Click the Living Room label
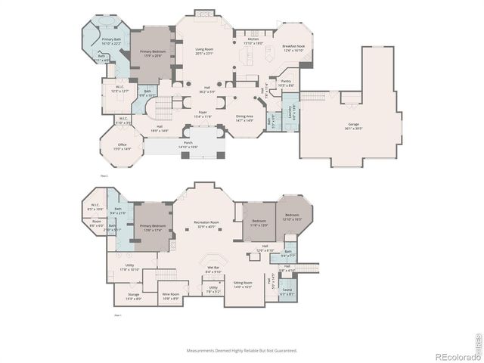click(x=204, y=51)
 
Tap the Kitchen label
click(x=253, y=41)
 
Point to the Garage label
click(x=353, y=126)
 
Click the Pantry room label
click(x=285, y=82)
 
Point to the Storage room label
click(x=133, y=296)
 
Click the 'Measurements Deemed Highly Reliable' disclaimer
click(x=242, y=350)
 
